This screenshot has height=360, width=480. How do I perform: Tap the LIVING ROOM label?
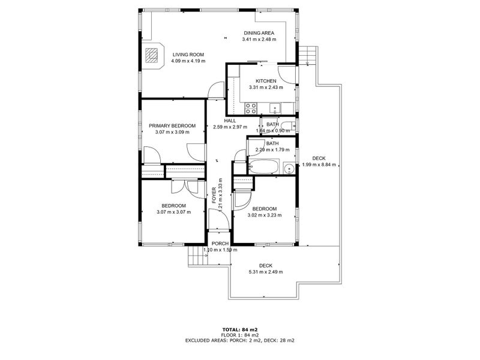pos(188,54)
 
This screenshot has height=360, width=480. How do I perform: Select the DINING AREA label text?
pos(259,33)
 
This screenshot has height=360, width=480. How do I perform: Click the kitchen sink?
pos(275,108)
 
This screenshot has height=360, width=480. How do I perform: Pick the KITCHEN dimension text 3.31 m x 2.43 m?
pos(266,88)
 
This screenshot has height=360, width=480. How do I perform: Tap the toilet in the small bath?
pos(289,126)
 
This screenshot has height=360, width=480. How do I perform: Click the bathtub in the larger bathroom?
pos(263,166)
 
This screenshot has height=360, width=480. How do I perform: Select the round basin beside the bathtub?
pos(287,168)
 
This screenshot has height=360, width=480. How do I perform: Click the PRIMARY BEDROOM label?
pos(172,125)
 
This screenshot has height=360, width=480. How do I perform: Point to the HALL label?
pos(230,120)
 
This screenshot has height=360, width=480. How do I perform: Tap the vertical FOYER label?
pos(214,195)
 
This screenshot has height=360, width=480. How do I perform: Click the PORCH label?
pos(220,244)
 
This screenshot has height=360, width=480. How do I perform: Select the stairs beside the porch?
pos(196,257)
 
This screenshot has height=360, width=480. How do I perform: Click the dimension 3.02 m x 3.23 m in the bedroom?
pos(264,214)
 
